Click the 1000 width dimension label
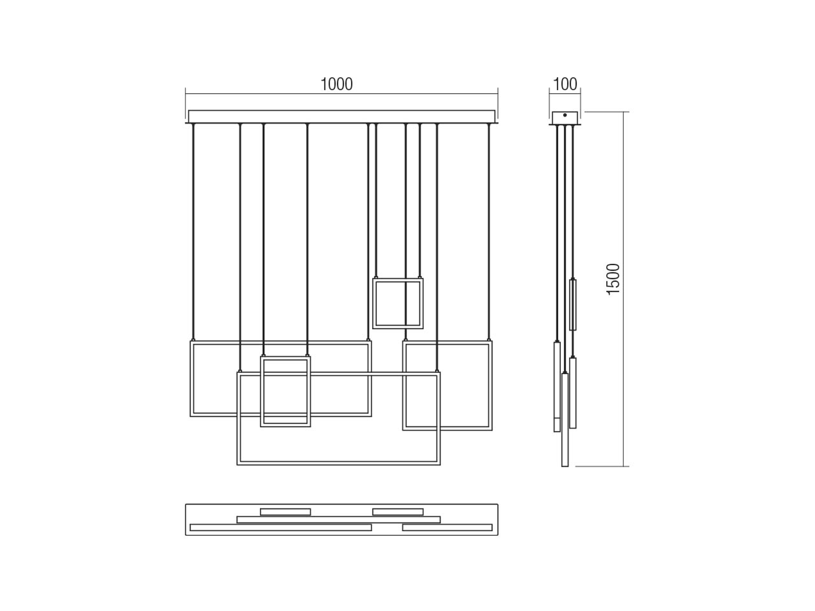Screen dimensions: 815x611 [336, 84]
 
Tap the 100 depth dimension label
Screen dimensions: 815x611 [565, 84]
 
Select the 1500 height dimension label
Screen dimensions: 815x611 [613, 279]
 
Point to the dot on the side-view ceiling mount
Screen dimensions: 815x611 [565, 115]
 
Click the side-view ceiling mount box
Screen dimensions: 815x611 [565, 118]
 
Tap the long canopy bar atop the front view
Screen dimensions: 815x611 [342, 117]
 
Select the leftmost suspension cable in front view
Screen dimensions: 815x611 [193, 232]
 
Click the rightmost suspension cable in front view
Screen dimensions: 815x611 [488, 232]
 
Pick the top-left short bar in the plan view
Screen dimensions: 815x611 [285, 512]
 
